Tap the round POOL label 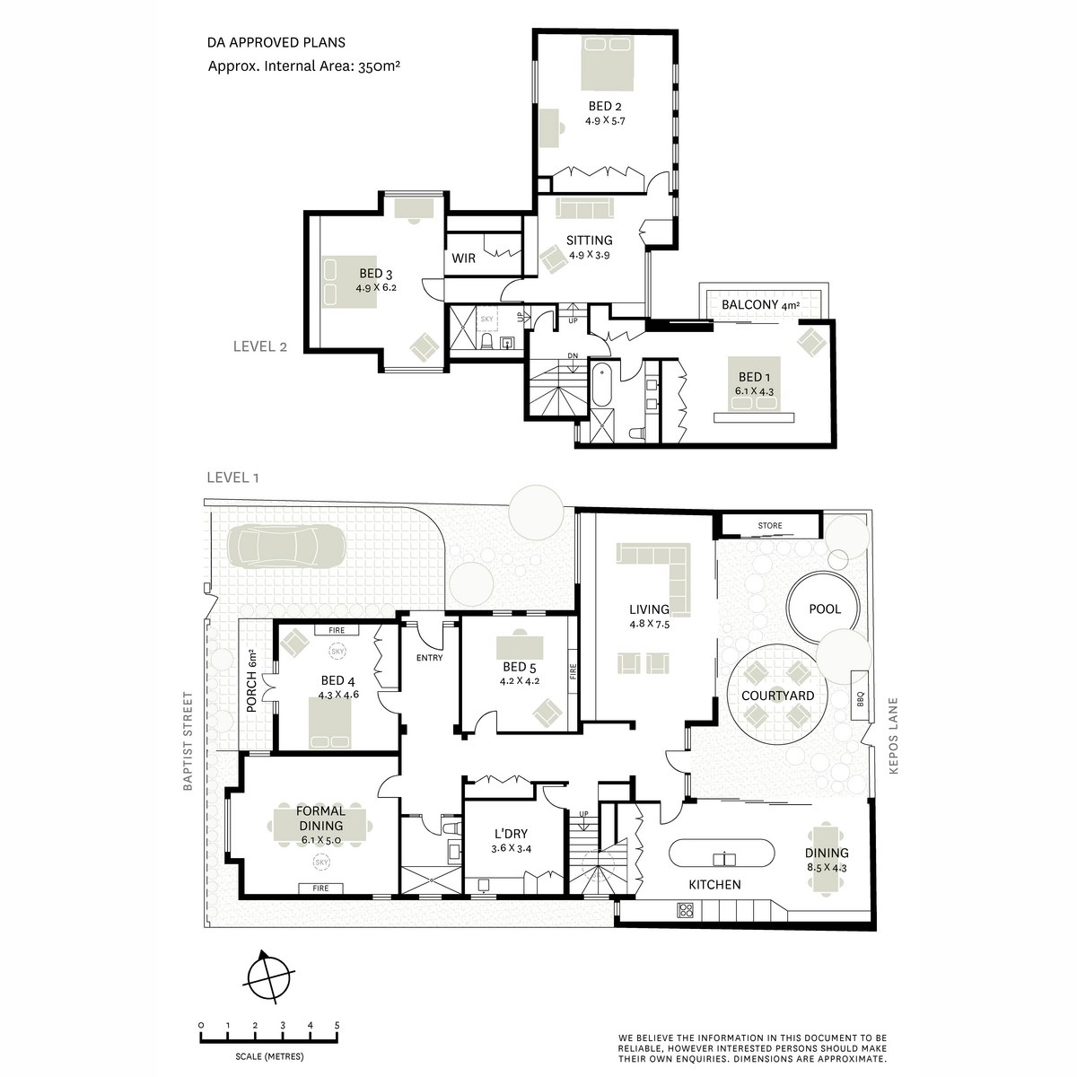pyautogui.click(x=825, y=609)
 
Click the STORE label pyautogui.click(x=769, y=525)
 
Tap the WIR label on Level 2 pyautogui.click(x=463, y=258)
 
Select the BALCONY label pyautogui.click(x=749, y=304)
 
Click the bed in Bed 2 pyautogui.click(x=608, y=63)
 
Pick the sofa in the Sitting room pyautogui.click(x=584, y=208)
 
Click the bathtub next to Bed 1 pyautogui.click(x=601, y=384)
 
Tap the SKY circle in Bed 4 pyautogui.click(x=337, y=651)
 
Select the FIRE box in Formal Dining pyautogui.click(x=320, y=889)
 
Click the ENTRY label pyautogui.click(x=429, y=658)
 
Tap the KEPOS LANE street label pyautogui.click(x=893, y=736)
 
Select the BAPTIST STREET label pyautogui.click(x=188, y=741)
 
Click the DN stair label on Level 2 pyautogui.click(x=573, y=355)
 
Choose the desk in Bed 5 pyautogui.click(x=520, y=648)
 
